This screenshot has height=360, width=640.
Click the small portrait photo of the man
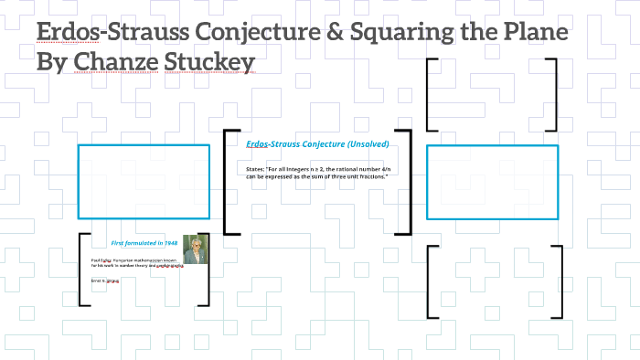(196, 249)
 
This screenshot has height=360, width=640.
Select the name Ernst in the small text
(96, 280)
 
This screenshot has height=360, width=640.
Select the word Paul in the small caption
(95, 259)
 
